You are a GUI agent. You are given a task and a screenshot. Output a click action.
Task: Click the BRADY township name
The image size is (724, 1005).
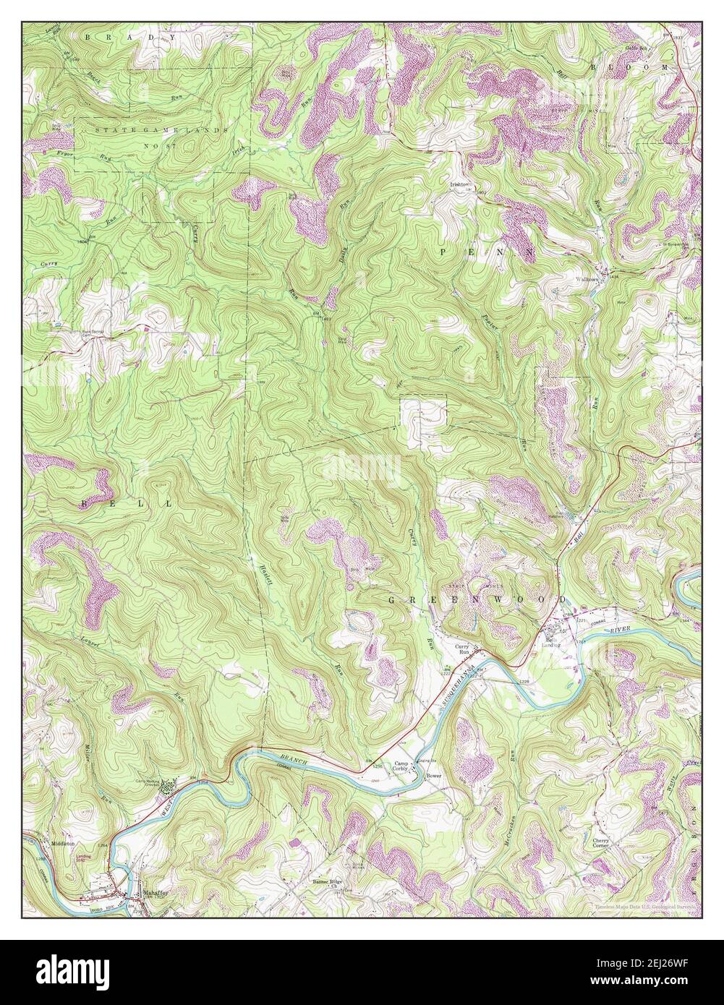(x=130, y=36)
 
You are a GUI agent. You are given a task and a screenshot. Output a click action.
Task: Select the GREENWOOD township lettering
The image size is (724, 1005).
(x=478, y=600)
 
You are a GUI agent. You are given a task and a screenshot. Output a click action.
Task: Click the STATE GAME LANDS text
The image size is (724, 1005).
(x=162, y=129)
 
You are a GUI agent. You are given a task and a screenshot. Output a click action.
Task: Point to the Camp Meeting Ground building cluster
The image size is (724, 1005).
(x=168, y=785)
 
